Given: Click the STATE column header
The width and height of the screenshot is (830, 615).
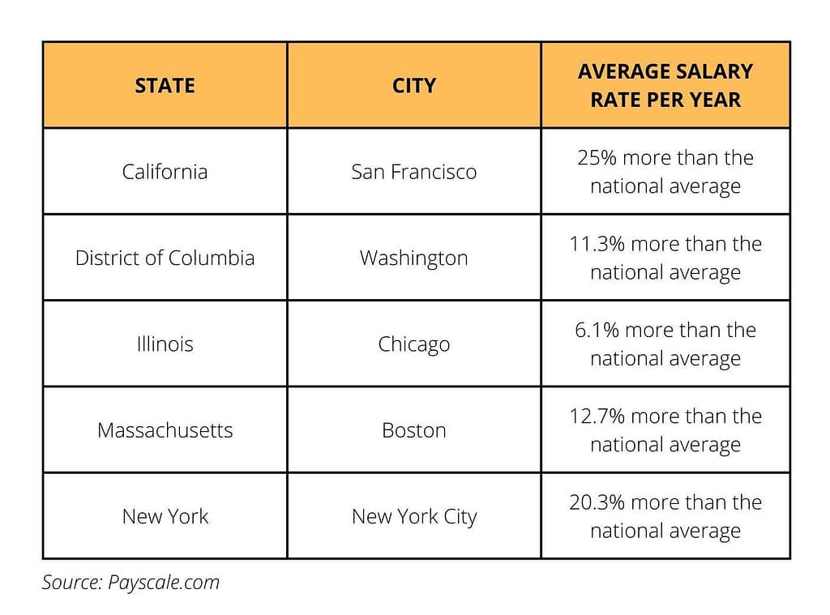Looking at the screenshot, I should (x=165, y=86).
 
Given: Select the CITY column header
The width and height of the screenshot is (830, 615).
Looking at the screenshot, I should (x=414, y=86).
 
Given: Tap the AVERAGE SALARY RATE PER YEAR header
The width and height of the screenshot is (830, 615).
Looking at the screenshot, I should (x=665, y=86).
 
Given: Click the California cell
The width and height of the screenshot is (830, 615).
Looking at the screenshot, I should (x=165, y=172).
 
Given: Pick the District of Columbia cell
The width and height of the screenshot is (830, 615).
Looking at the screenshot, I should (x=165, y=258).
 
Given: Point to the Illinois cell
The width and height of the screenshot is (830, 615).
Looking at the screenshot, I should (x=165, y=344).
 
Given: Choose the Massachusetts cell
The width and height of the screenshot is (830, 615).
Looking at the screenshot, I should (x=165, y=429).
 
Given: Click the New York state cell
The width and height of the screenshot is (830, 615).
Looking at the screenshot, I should (x=165, y=516).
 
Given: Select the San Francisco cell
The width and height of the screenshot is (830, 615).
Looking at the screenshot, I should (x=414, y=172).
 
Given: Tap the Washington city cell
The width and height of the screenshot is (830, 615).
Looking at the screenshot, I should (x=414, y=258).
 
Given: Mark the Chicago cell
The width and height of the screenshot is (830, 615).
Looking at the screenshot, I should (x=414, y=344).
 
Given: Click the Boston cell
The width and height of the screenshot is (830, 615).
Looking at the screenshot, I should (x=414, y=429).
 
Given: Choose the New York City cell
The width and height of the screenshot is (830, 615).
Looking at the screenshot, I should (x=414, y=516).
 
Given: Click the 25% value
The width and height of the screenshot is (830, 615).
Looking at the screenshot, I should (x=598, y=158).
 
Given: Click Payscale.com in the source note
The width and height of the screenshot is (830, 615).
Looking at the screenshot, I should (x=164, y=583).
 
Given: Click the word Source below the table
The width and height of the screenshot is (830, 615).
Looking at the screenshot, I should (x=71, y=583).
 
